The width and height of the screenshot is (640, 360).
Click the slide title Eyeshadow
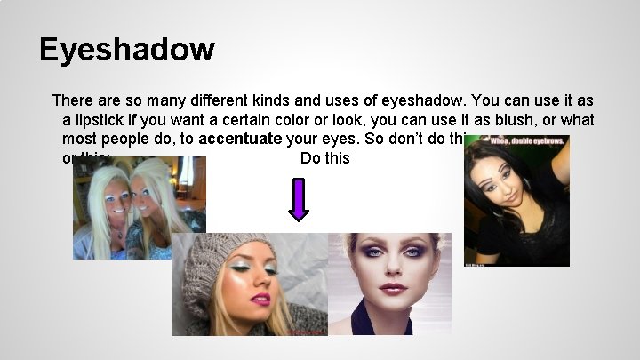(x=127, y=49)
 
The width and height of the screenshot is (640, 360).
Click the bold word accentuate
(x=240, y=139)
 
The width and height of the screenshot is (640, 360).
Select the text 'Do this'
(x=325, y=159)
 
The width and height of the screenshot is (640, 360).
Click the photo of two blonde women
(x=139, y=207)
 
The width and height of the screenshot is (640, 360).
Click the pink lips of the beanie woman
(x=260, y=299)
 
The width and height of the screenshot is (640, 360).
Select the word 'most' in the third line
(x=79, y=139)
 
